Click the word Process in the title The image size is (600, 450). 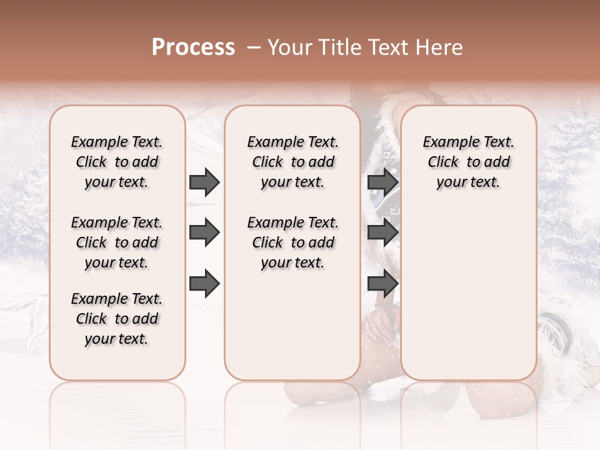click(193, 47)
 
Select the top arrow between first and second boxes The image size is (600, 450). click(204, 182)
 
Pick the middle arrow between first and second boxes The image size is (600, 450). click(204, 233)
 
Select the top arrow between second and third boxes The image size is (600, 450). click(382, 182)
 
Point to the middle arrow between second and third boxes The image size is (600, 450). click(382, 233)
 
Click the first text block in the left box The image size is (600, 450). click(117, 162)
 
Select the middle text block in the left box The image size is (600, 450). click(117, 242)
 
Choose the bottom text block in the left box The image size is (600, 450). click(117, 319)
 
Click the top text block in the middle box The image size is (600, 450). click(292, 162)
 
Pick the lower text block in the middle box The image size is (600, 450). click(292, 242)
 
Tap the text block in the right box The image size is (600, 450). click(468, 162)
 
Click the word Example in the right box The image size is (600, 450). click(448, 142)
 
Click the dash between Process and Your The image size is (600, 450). click(253, 47)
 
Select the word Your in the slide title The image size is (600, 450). click(290, 47)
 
